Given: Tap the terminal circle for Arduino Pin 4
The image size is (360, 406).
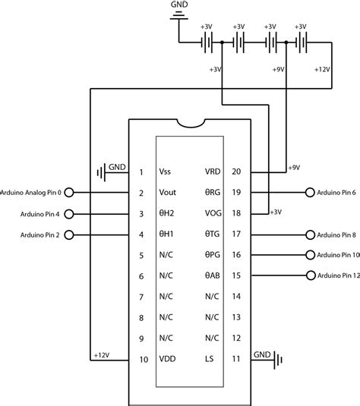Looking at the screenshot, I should pyautogui.click(x=69, y=214).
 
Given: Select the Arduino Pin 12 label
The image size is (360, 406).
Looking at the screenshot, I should pyautogui.click(x=339, y=275).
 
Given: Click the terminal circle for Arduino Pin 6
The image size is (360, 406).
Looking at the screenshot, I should pyautogui.click(x=309, y=193).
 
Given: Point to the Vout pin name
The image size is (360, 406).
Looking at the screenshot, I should pyautogui.click(x=169, y=193).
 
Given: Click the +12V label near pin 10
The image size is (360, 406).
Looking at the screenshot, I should pyautogui.click(x=101, y=354).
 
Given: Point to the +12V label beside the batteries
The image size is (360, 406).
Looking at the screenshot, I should pyautogui.click(x=322, y=69).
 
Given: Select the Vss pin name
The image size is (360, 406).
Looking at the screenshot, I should pyautogui.click(x=166, y=172).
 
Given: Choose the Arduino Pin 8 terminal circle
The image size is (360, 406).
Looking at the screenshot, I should pyautogui.click(x=309, y=234).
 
